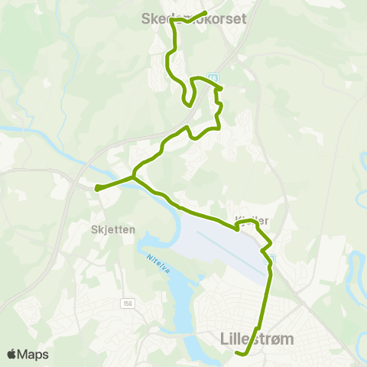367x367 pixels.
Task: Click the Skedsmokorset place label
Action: point(194,21)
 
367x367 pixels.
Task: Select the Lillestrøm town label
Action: point(256,338)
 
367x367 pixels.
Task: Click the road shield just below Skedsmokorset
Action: point(213,78)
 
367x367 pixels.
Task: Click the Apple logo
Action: point(12,354)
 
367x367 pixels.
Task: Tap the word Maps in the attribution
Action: point(34,354)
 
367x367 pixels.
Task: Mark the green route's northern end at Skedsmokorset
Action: point(206,13)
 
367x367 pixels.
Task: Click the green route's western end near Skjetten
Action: point(96,187)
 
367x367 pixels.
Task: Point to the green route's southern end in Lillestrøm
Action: point(239,353)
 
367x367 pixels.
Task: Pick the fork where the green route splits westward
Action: point(134,176)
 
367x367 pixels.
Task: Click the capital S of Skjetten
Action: point(93,228)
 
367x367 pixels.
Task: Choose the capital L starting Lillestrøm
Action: point(222,338)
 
